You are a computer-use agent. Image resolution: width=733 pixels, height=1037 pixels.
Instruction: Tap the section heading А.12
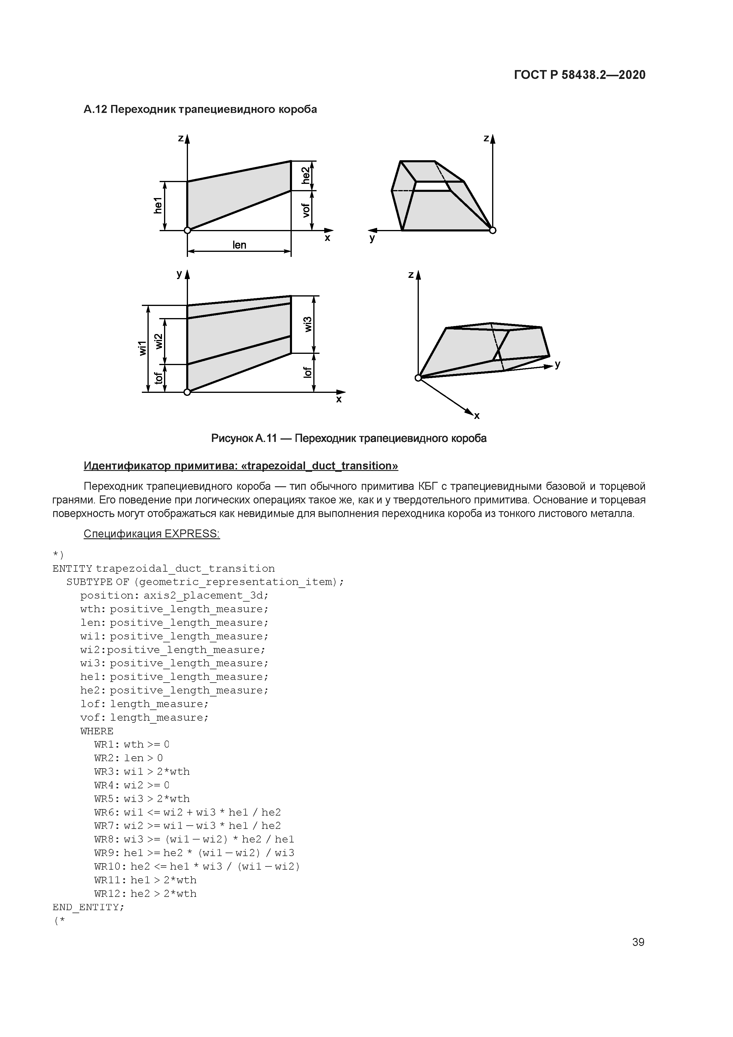pos(200,109)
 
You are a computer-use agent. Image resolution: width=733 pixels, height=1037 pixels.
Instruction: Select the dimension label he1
pos(158,205)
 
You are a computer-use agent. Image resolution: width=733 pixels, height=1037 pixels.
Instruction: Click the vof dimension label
pos(306,210)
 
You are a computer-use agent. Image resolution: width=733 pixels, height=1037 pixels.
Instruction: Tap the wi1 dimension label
pos(143,348)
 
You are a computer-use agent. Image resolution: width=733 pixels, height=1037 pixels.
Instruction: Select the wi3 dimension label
pos(308,324)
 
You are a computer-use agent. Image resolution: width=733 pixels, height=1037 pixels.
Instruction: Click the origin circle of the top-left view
pos(187,230)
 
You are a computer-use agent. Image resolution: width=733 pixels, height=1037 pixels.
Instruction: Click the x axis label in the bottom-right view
pos(476,416)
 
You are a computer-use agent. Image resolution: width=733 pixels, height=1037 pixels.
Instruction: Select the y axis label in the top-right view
pos(372,239)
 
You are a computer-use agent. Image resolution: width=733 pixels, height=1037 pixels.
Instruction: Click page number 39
pos(638,942)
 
